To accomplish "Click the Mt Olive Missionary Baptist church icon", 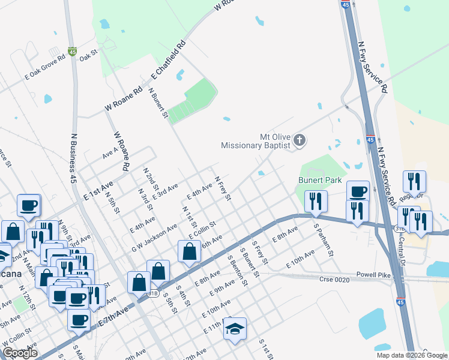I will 300,141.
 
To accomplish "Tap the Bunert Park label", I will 320,179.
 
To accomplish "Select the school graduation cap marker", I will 235,329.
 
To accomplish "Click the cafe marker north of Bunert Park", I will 358,191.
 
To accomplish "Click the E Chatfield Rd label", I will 170,60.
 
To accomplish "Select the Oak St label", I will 88,55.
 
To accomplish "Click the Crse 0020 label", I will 334,278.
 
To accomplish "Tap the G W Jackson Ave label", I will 154,238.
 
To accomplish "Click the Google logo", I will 20,353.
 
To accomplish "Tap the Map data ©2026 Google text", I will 412,355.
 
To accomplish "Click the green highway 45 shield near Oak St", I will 73,52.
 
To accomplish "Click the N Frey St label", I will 223,188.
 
